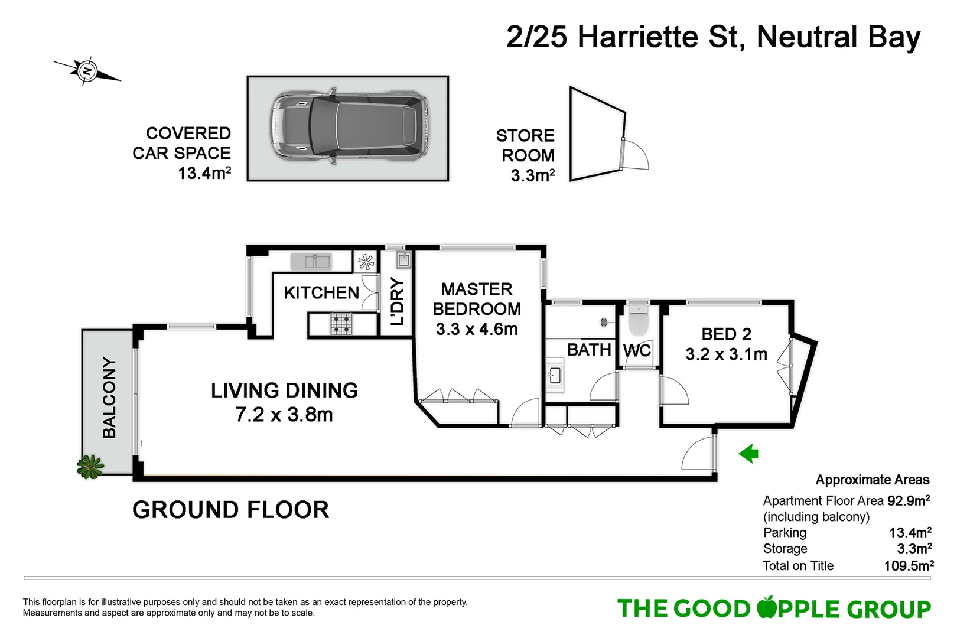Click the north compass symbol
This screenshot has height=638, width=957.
point(87,71)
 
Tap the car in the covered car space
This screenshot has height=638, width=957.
point(349,128)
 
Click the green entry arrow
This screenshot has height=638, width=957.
point(748,454)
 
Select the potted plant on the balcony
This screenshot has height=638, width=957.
point(90,467)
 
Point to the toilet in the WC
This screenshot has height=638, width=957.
point(638,321)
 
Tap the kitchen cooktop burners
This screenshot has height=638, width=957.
point(341,324)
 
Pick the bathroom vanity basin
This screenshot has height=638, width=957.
point(554,375)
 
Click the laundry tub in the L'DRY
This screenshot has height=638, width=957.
point(403,260)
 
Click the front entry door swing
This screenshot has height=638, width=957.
point(698,454)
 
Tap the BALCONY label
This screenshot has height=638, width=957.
point(109,398)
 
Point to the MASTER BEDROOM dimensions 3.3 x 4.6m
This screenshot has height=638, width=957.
point(477,329)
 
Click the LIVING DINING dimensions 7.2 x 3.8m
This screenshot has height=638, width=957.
point(284,415)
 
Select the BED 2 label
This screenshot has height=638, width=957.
point(726,334)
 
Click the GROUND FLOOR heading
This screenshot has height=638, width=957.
point(230,510)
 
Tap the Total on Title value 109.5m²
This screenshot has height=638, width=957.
point(909,566)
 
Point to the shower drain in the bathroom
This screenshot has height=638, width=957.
point(604,322)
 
